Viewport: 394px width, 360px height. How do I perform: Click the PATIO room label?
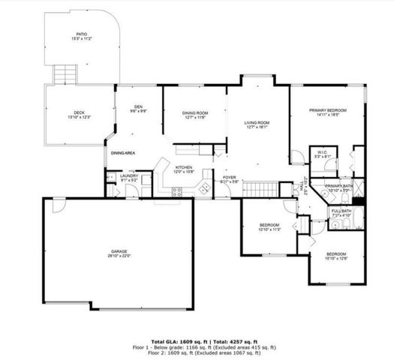pyautogui.click(x=81, y=36)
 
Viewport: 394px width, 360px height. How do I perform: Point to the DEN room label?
pyautogui.click(x=139, y=108)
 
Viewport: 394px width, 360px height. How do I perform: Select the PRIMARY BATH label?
pyautogui.click(x=339, y=187)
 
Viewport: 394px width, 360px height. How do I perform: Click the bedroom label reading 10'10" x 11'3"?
pyautogui.click(x=269, y=226)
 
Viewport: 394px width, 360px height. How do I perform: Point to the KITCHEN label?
pyautogui.click(x=185, y=169)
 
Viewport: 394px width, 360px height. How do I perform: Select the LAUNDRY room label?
pyautogui.click(x=129, y=177)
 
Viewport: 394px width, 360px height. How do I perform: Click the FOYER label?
pyautogui.click(x=230, y=178)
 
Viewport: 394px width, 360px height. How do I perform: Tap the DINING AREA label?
pyautogui.click(x=123, y=153)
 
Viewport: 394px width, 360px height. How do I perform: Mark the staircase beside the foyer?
pyautogui.click(x=257, y=188)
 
